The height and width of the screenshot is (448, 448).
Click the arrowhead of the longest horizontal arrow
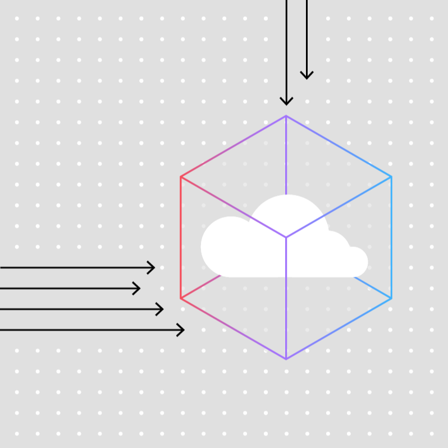tap(183, 330)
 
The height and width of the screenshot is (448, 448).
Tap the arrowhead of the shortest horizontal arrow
tap(139, 289)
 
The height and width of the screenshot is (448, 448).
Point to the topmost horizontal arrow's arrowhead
tap(153, 268)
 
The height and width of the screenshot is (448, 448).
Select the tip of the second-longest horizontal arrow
tap(162, 309)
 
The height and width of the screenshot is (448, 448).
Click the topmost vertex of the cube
tap(286, 116)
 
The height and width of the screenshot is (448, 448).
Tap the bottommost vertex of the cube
tap(286, 359)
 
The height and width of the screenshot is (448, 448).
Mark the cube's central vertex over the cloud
tap(286, 237)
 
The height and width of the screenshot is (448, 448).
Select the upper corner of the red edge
tap(181, 177)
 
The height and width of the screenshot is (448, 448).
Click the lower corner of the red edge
tap(181, 298)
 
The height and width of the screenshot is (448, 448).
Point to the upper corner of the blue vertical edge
tap(391, 177)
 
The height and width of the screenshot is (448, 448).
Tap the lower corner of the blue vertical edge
tap(391, 298)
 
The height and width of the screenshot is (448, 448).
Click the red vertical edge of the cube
tap(181, 237)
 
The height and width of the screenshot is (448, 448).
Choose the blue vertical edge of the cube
tap(391, 237)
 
